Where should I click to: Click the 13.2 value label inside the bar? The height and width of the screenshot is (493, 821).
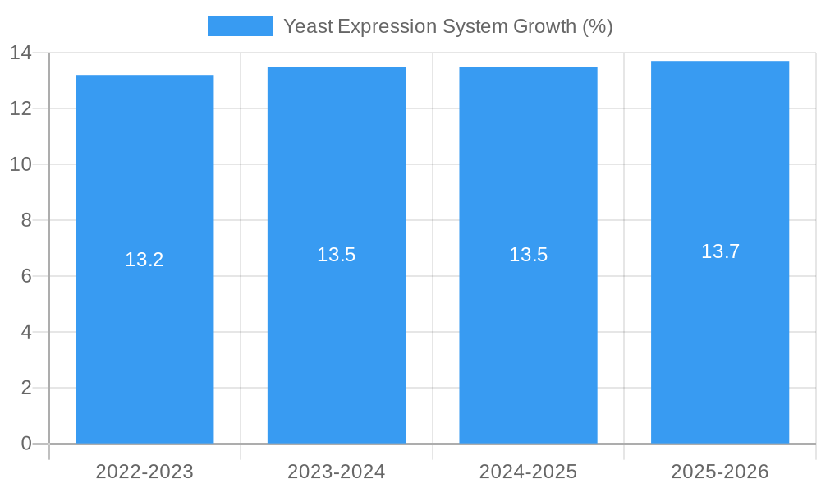coord(144,260)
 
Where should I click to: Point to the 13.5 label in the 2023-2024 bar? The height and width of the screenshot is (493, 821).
coord(337,255)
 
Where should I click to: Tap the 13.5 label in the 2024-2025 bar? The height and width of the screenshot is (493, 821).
coord(528,255)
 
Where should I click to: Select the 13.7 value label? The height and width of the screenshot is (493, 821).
coord(720,251)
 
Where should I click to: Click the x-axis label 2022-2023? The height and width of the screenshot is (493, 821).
coord(144,472)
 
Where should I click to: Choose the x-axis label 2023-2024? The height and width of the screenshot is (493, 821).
coord(337,472)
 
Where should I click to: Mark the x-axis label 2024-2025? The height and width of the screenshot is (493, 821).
coord(528,472)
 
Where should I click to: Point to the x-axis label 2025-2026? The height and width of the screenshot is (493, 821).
coord(720,472)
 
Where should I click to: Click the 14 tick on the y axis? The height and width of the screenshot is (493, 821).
coord(21,53)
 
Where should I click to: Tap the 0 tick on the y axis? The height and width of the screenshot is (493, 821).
coord(25,444)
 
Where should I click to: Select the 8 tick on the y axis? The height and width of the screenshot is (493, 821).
coord(25,220)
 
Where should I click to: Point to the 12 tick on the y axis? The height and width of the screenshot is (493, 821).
coord(21,108)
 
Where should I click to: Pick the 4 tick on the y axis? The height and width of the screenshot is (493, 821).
coord(25,332)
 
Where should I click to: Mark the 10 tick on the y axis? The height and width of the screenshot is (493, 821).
coord(21,164)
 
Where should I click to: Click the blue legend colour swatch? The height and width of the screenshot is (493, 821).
coord(240,26)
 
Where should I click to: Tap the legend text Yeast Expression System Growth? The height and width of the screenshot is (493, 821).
coord(447,26)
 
